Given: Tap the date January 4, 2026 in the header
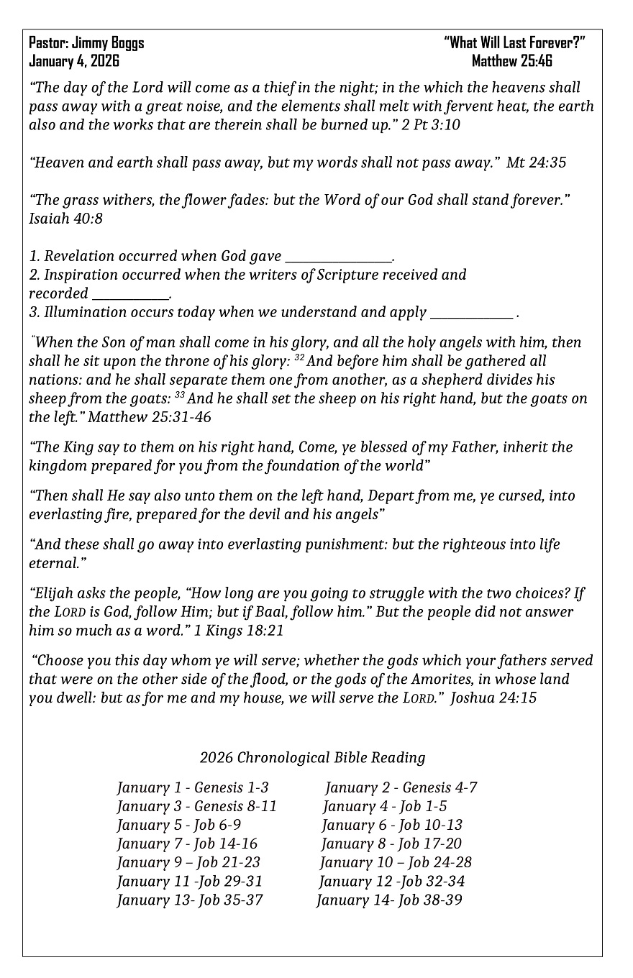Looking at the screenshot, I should point(74,61).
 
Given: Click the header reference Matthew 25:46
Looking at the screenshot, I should point(511,61).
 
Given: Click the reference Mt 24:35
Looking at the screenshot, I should point(536,163).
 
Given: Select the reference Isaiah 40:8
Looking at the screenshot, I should point(65,219).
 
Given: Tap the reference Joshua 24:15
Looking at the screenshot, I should point(493,698).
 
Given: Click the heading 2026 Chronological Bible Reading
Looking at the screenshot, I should point(312,757).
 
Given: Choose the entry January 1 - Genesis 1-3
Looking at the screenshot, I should point(193,787).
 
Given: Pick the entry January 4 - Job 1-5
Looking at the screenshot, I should point(385,806).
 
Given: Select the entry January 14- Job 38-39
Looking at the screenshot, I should point(389,900).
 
